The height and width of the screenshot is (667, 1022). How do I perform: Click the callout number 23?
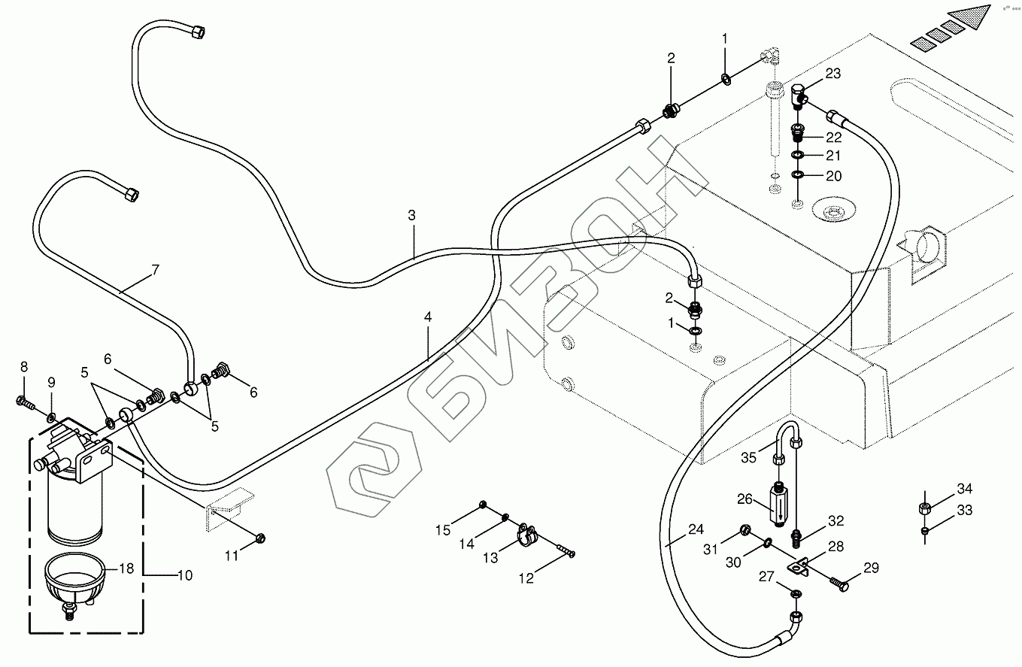pyautogui.click(x=832, y=73)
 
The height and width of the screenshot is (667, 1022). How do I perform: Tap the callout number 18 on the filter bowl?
pyautogui.click(x=126, y=568)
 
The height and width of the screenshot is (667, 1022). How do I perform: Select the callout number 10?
pyautogui.click(x=184, y=575)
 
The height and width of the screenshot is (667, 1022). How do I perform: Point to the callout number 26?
pyautogui.click(x=745, y=498)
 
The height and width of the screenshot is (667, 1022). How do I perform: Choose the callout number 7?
pyautogui.click(x=156, y=270)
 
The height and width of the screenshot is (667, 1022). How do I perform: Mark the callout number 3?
pyautogui.click(x=411, y=215)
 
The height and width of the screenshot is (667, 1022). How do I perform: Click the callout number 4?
pyautogui.click(x=427, y=317)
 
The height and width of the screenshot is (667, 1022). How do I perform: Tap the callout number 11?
pyautogui.click(x=232, y=556)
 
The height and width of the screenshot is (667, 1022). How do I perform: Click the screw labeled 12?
pyautogui.click(x=563, y=551)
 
